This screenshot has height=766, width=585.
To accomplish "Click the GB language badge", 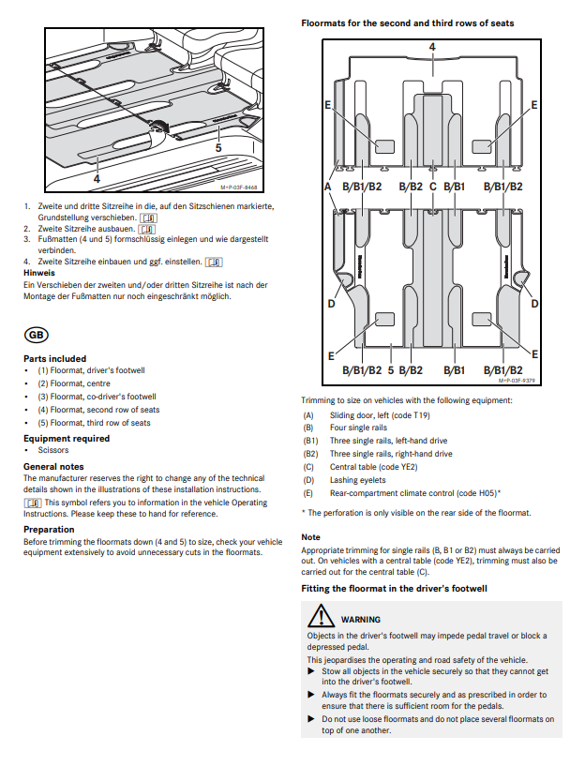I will [37, 334].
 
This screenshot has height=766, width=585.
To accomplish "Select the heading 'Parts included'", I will [54, 358].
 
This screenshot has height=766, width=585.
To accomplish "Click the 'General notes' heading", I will [53, 466].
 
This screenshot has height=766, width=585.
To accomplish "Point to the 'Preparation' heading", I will [49, 529].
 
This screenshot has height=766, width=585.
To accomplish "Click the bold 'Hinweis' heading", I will [38, 273].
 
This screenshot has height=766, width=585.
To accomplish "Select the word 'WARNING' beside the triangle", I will [361, 619].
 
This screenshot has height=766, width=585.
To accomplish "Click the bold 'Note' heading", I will [310, 537].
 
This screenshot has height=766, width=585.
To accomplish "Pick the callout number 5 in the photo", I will [218, 147].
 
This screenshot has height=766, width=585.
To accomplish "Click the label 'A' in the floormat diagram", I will [328, 187].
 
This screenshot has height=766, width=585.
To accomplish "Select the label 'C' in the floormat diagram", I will [432, 187].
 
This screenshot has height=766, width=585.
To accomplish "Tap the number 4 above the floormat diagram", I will [432, 46].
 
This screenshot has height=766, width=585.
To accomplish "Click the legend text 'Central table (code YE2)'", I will [373, 466].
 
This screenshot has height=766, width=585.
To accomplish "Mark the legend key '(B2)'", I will [310, 454].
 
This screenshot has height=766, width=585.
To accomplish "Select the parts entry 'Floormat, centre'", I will [70, 383].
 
